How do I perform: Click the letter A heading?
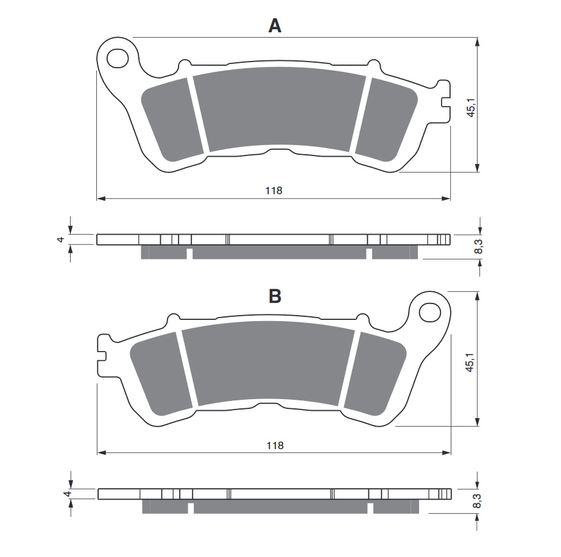pyautogui.click(x=275, y=26)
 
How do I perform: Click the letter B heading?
pyautogui.click(x=275, y=297)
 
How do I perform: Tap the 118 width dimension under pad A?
pyautogui.click(x=273, y=190)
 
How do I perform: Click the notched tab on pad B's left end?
pyautogui.click(x=104, y=352)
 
